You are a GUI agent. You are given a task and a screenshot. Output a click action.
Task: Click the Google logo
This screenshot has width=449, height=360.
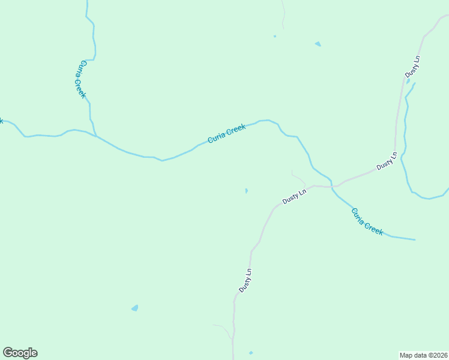(20, 353)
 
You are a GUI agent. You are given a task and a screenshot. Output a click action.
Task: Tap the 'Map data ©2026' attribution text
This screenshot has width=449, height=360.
(423, 355)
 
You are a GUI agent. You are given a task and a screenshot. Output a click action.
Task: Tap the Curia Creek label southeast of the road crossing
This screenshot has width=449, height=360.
(367, 221)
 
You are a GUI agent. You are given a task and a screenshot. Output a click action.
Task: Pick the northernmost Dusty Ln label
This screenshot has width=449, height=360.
(412, 66)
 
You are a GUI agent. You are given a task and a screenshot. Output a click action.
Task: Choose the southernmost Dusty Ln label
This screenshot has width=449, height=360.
(245, 280)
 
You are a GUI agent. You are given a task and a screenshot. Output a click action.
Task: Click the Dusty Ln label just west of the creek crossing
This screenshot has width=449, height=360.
(295, 197)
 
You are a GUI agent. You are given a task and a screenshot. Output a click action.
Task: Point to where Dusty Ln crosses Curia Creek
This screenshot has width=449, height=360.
(332, 187)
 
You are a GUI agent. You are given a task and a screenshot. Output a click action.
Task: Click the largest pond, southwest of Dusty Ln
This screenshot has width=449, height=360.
(134, 308)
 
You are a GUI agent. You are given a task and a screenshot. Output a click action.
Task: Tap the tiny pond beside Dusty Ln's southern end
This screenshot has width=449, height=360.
(250, 352)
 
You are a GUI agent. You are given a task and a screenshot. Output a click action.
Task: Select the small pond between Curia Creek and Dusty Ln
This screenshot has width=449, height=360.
(246, 191)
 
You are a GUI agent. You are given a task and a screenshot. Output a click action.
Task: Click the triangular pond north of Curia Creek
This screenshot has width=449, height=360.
(318, 44)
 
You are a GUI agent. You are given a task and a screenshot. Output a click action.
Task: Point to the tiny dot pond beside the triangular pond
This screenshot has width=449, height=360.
(275, 36)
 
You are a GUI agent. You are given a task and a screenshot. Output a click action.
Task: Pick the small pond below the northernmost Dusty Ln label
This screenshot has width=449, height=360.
(408, 81)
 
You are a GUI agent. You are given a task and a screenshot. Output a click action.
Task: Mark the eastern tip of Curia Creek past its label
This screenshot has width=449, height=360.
(414, 240)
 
